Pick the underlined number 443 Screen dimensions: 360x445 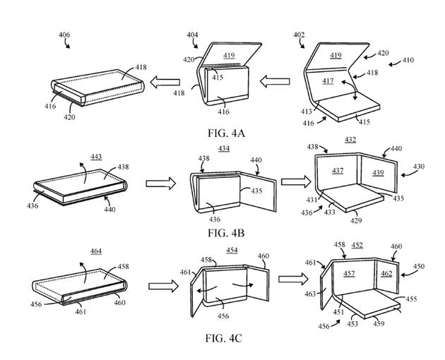[97, 157]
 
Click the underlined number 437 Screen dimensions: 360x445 [338, 171]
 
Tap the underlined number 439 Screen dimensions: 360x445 [378, 173]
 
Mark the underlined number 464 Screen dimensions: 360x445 [96, 251]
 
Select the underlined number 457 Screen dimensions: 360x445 [349, 272]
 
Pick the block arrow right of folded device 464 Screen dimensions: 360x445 [162, 287]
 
